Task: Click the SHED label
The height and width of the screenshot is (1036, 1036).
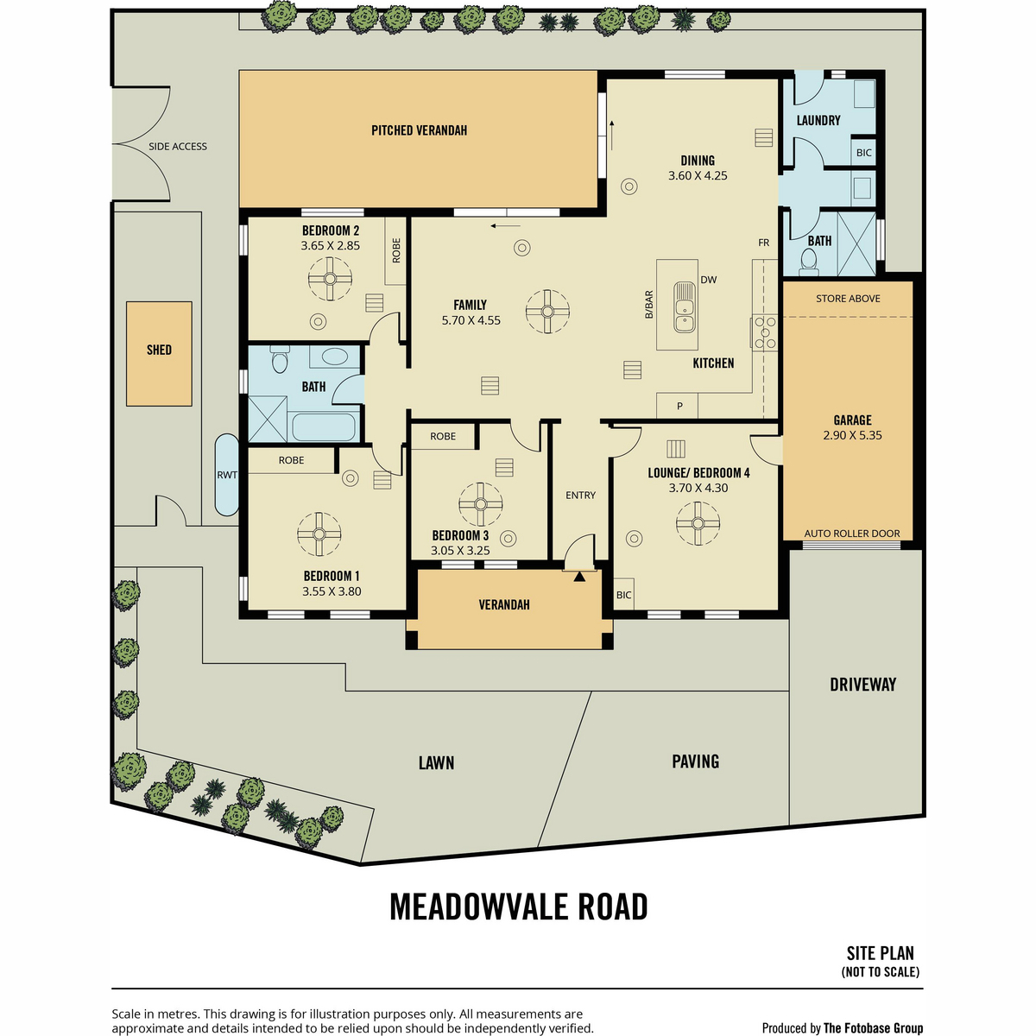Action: tap(159, 350)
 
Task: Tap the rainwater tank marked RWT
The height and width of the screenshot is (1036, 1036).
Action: tap(227, 475)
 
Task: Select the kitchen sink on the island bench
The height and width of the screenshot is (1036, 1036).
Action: tap(685, 307)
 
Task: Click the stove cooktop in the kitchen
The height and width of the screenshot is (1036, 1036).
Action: tap(764, 332)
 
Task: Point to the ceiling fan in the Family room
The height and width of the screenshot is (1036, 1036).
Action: tap(547, 312)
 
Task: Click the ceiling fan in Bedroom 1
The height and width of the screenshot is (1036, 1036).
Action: tap(319, 534)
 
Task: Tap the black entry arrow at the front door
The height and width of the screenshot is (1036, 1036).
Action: tap(579, 577)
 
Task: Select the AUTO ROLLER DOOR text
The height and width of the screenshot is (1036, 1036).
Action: tap(851, 534)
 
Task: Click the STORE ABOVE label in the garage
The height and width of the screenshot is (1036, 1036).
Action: tap(848, 299)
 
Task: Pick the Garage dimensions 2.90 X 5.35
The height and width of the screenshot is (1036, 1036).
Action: tap(852, 435)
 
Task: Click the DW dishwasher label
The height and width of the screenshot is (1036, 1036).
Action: tap(709, 280)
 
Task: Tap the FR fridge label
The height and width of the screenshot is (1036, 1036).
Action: tap(763, 243)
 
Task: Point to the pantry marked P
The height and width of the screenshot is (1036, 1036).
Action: tap(679, 407)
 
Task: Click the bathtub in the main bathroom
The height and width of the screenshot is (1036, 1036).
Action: tap(324, 426)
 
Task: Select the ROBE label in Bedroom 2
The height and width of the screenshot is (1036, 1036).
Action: tap(396, 250)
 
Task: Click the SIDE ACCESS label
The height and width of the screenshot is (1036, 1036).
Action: tap(178, 146)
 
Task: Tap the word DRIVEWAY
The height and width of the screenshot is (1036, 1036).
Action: tap(862, 685)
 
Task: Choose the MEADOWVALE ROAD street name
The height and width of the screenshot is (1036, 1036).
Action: tap(518, 907)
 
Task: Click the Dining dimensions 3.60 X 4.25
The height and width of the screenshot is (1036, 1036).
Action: tap(698, 176)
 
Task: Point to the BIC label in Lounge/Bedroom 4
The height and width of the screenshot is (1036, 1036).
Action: tap(623, 595)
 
